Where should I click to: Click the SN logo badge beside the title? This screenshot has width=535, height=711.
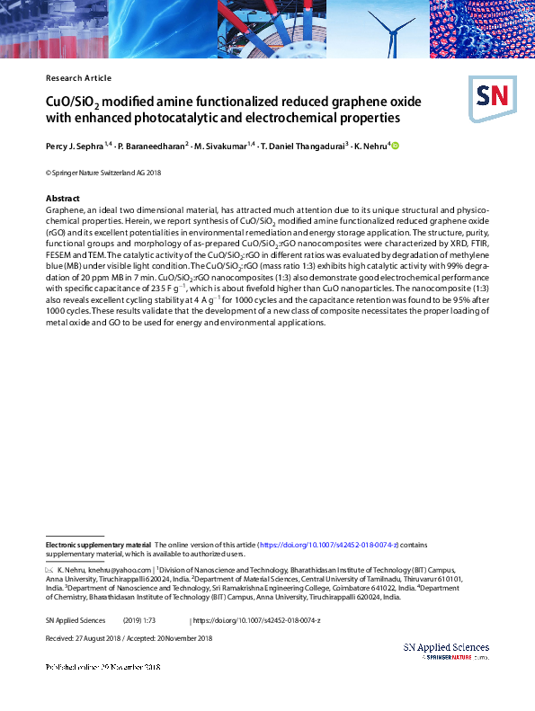pyautogui.click(x=491, y=97)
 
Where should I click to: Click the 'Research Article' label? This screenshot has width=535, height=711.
pyautogui.click(x=78, y=78)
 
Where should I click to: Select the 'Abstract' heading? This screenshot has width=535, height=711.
pyautogui.click(x=63, y=198)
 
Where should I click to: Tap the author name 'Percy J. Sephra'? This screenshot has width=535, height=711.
pyautogui.click(x=76, y=146)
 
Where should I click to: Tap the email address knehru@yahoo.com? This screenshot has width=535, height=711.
pyautogui.click(x=119, y=570)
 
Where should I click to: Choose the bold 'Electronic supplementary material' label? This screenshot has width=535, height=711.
pyautogui.click(x=98, y=545)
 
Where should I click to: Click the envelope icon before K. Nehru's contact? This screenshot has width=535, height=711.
pyautogui.click(x=49, y=570)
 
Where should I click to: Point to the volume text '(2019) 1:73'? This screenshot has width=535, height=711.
pyautogui.click(x=138, y=620)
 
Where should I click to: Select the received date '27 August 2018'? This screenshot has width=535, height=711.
pyautogui.click(x=103, y=638)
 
